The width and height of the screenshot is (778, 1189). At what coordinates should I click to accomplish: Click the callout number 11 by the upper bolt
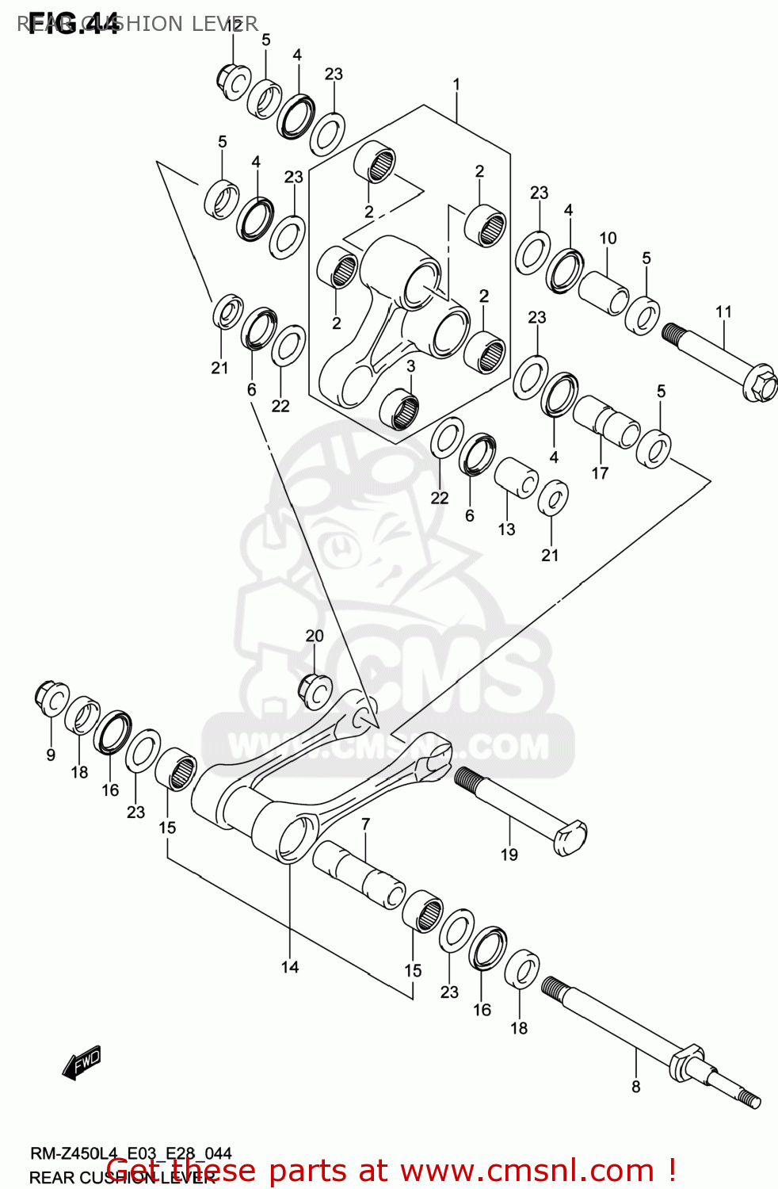[x=723, y=312]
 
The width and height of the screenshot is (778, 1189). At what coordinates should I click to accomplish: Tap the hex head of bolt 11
[x=761, y=384]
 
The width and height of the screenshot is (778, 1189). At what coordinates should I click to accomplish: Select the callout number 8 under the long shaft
[x=635, y=1087]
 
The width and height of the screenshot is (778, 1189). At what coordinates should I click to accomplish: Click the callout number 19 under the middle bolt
[x=509, y=854]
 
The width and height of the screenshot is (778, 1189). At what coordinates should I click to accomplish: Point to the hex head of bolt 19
[x=571, y=838]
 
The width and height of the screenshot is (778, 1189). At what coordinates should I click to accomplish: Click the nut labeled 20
[x=315, y=691]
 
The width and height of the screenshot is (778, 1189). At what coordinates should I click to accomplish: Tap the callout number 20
[x=315, y=636]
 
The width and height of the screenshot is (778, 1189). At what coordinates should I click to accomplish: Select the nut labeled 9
[x=51, y=698]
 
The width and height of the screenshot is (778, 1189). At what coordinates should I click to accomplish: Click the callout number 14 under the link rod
[x=290, y=966]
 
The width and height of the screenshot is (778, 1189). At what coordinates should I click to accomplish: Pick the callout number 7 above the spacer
[x=365, y=824]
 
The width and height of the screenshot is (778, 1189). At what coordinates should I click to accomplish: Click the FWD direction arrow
[x=82, y=1063]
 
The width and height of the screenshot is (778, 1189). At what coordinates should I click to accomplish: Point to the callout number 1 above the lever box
[x=456, y=84]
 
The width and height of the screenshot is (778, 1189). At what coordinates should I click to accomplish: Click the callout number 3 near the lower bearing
[x=410, y=366]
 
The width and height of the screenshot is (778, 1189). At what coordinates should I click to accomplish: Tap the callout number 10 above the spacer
[x=608, y=238]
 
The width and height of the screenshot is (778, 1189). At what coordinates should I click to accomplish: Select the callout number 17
[x=600, y=473]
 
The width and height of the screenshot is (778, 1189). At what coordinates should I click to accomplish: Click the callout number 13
[x=506, y=529]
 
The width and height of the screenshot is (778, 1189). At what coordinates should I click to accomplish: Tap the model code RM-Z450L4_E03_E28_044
[x=131, y=1153]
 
